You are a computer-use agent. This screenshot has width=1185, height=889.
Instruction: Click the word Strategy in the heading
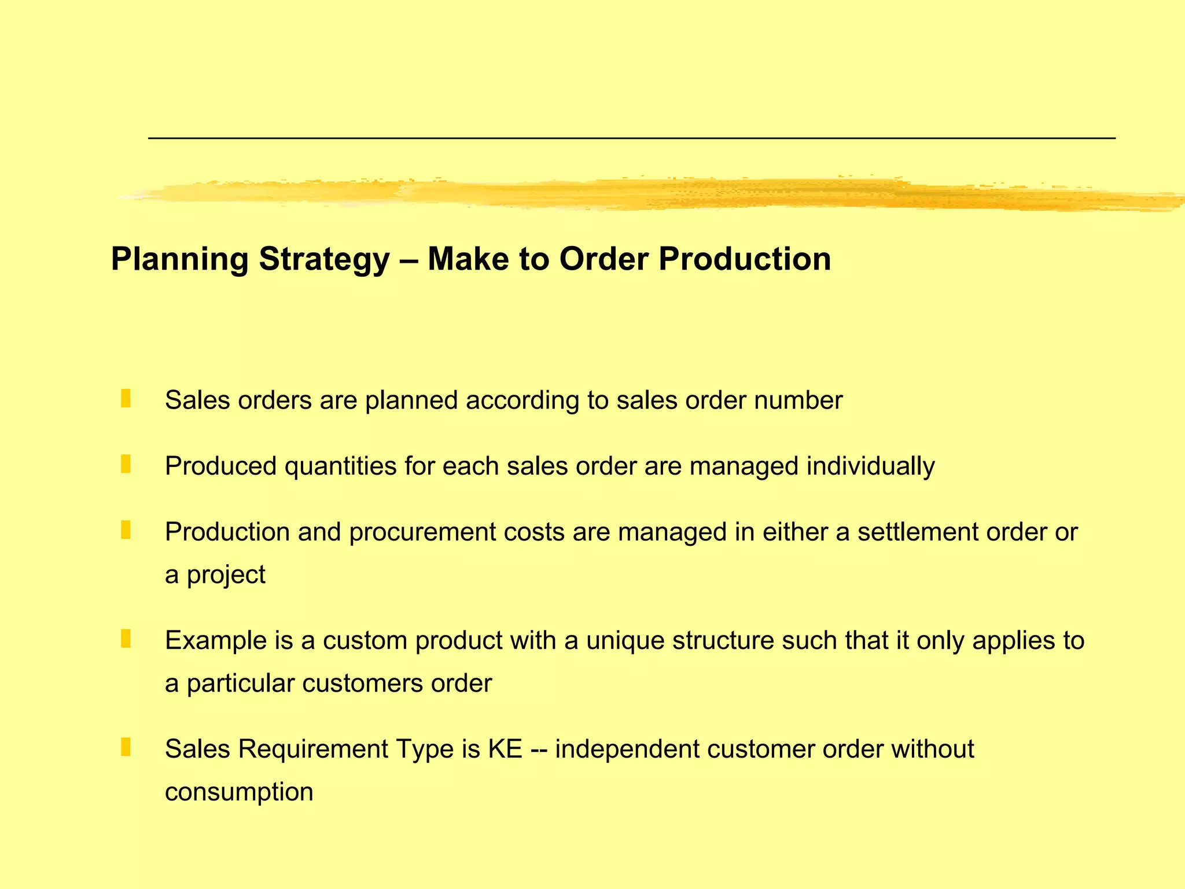click(x=324, y=259)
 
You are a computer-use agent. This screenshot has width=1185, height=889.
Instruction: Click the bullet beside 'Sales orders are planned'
click(x=126, y=398)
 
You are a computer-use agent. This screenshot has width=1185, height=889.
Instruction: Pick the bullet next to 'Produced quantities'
click(x=126, y=464)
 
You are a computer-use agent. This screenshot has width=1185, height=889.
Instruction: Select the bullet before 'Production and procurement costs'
click(x=126, y=530)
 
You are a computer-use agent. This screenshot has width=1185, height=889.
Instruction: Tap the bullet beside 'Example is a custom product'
click(x=126, y=638)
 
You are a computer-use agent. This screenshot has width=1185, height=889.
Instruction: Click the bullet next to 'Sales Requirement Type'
click(x=126, y=747)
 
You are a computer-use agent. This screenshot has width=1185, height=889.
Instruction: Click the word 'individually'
click(x=870, y=466)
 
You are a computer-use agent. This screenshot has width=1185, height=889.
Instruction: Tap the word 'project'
click(x=226, y=575)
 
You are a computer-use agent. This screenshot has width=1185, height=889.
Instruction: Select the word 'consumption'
click(x=239, y=792)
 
